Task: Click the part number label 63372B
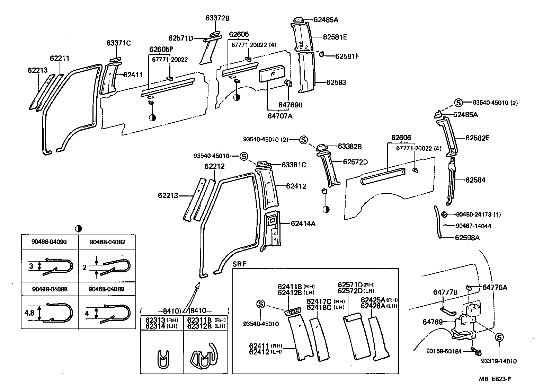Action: coord(217,18)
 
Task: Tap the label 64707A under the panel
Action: coord(280,116)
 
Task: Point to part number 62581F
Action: coord(347,56)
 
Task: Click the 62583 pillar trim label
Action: coord(336,82)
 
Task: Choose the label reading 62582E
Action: coord(477,138)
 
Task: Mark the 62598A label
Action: coord(467,238)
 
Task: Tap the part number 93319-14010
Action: coord(499,361)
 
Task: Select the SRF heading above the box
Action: coord(239,264)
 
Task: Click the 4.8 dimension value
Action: coord(29,313)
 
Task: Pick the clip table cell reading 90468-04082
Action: coord(107,242)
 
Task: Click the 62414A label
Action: coord(303,224)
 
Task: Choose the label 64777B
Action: coord(445,292)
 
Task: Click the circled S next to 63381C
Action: coord(244,156)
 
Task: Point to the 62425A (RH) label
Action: coord(379,300)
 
